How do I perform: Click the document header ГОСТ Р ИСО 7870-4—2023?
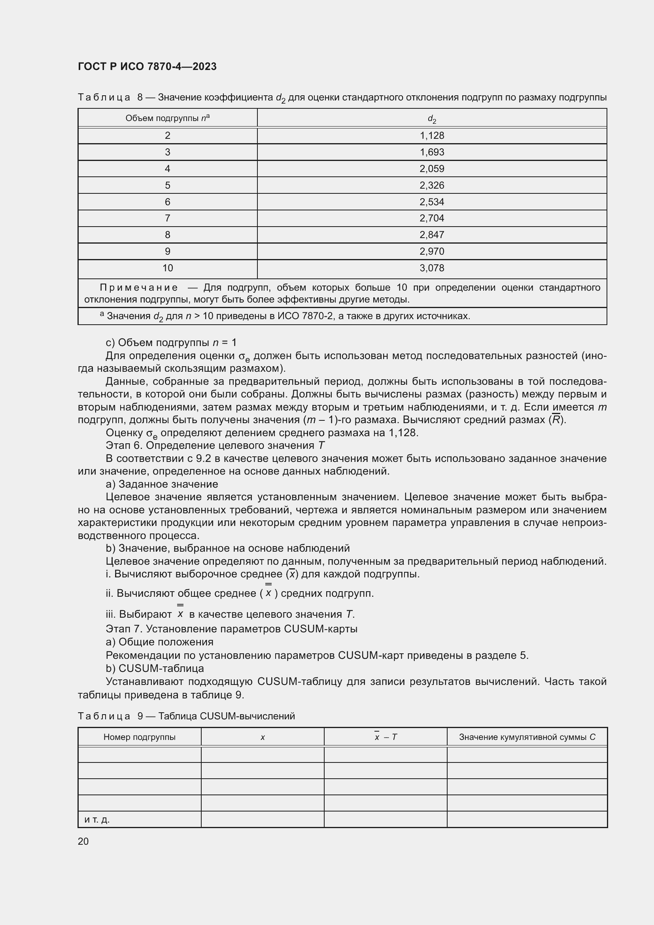pyautogui.click(x=147, y=66)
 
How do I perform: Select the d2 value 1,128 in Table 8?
pyautogui.click(x=432, y=136)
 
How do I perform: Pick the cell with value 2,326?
pyautogui.click(x=432, y=185)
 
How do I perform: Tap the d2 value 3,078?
pyautogui.click(x=432, y=268)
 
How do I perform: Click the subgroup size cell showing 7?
pyautogui.click(x=168, y=218)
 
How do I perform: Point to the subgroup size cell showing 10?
pyautogui.click(x=168, y=268)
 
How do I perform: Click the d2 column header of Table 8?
pyautogui.click(x=432, y=119)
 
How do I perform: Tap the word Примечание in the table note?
pyautogui.click(x=138, y=288)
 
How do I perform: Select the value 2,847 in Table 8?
pyautogui.click(x=432, y=235)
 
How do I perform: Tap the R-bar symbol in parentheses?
pyautogui.click(x=556, y=420)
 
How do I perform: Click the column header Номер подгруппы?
pyautogui.click(x=139, y=737)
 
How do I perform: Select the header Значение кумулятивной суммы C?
pyautogui.click(x=527, y=737)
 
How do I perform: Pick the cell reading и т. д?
pyautogui.click(x=97, y=819)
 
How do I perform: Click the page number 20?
pyautogui.click(x=83, y=841)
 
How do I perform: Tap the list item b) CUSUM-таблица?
pyautogui.click(x=155, y=668)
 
